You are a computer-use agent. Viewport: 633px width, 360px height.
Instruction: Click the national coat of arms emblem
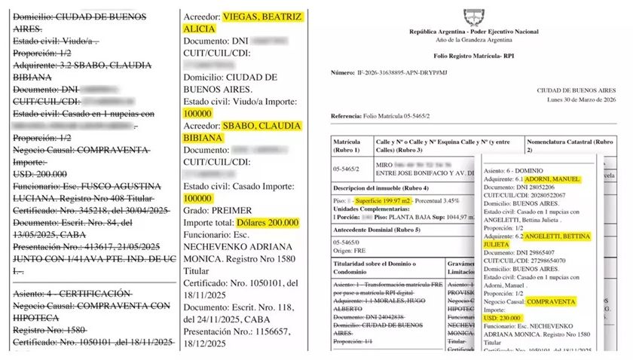[473, 14]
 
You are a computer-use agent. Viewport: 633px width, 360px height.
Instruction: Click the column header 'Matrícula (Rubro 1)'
[352, 145]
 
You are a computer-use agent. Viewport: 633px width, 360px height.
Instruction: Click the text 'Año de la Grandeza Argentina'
[473, 39]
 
